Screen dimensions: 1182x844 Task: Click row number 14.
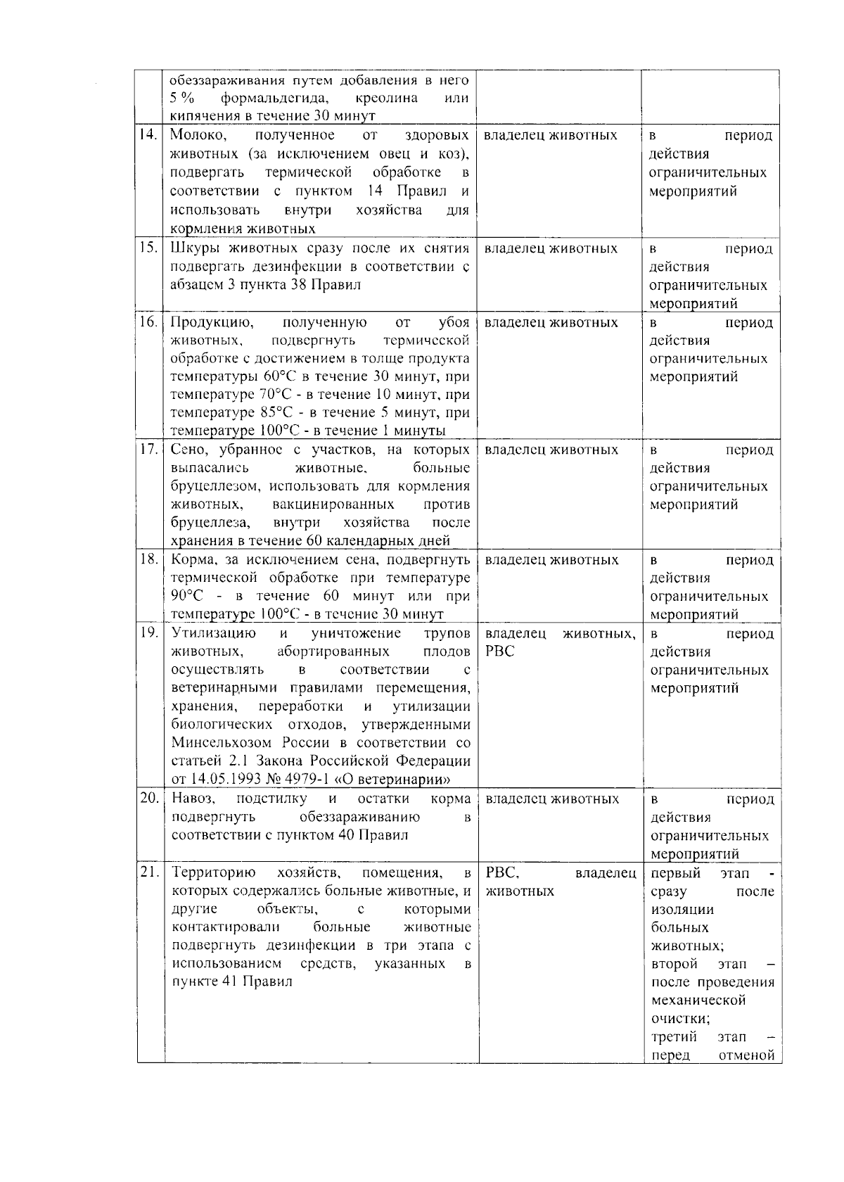149,135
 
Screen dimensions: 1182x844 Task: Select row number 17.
149,450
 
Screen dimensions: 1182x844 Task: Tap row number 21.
149,873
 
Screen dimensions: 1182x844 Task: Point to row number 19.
149,633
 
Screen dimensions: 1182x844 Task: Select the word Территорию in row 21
209,873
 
